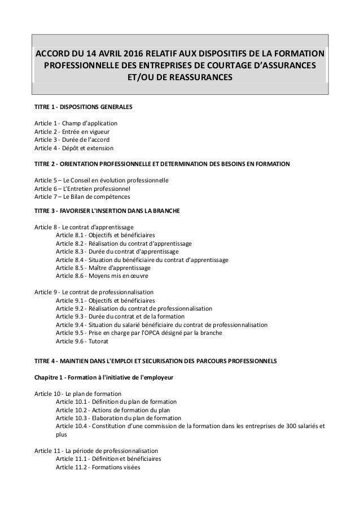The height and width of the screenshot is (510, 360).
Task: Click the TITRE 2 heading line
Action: point(163,164)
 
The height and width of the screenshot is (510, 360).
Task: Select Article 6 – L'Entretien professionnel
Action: point(82,189)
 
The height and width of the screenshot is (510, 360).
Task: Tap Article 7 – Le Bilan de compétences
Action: point(82,197)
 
